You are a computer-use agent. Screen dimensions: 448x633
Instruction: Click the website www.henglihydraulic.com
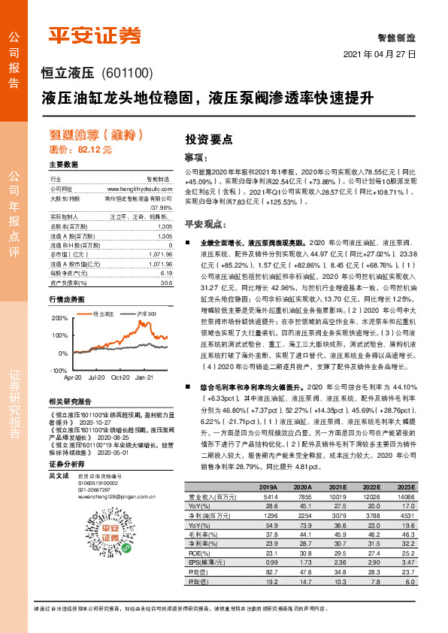(140, 189)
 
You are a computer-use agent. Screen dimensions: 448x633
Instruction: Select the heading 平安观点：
(206, 223)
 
